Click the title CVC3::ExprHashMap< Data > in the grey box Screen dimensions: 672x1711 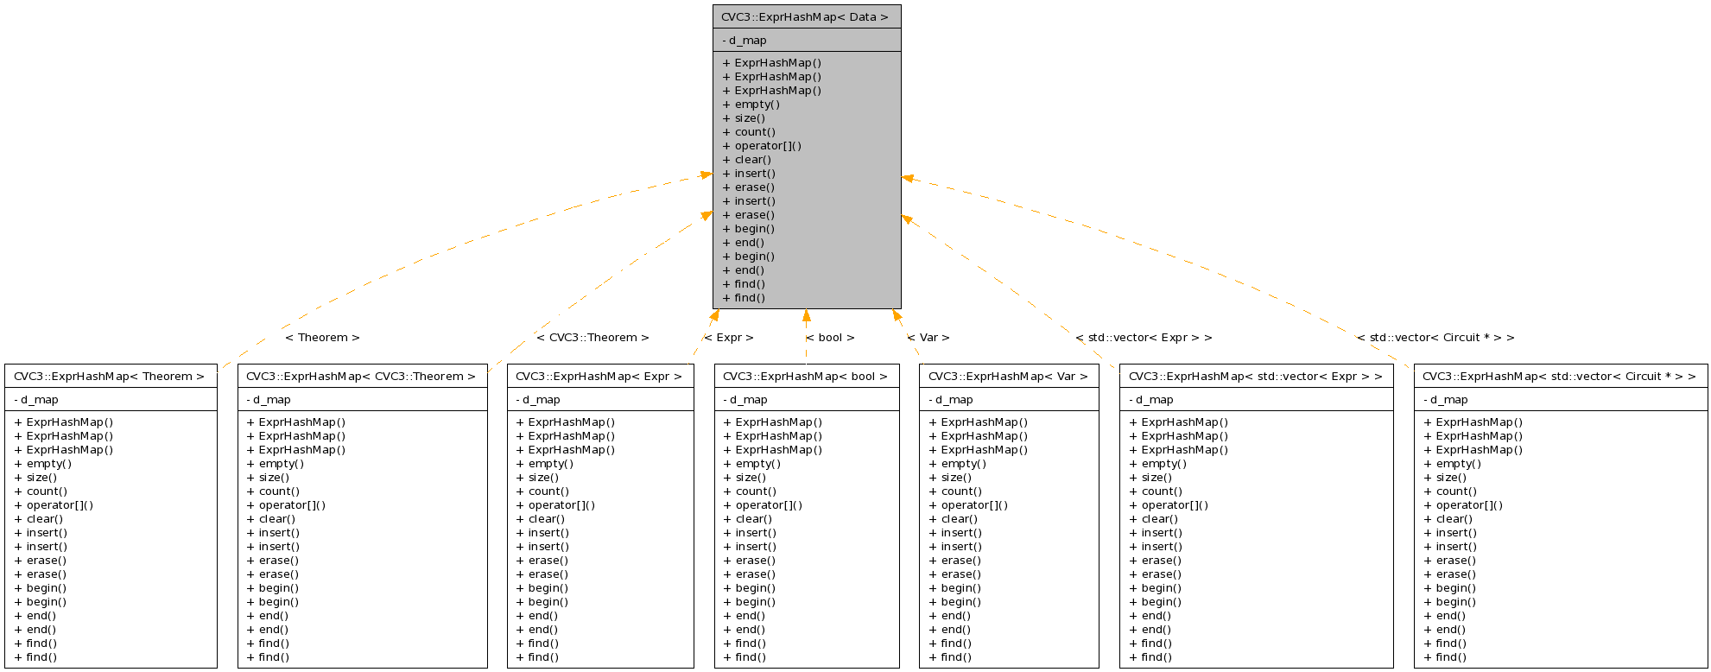pos(805,17)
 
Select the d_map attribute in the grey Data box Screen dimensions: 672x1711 pos(747,41)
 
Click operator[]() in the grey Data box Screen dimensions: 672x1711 pos(767,146)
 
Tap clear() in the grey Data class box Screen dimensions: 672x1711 pos(752,160)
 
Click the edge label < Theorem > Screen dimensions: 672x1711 pos(322,338)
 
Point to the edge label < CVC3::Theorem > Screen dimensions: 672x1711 pos(593,338)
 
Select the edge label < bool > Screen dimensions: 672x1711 pos(830,338)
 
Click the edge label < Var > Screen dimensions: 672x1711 pos(928,338)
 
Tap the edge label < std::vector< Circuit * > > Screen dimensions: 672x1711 pos(1435,338)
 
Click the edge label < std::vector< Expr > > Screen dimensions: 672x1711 pos(1144,338)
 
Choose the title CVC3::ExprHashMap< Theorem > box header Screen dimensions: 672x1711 pos(110,377)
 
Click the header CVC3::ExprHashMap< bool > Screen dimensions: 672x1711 pos(805,377)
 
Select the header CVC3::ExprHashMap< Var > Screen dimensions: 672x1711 pos(1008,377)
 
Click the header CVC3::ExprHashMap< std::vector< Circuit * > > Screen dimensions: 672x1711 pos(1559,377)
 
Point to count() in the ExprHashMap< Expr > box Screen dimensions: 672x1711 pos(548,491)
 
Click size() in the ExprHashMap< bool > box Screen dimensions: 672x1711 pos(750,478)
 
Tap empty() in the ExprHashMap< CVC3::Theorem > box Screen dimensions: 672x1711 pos(281,464)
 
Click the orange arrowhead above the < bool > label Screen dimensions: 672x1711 pos(807,315)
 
